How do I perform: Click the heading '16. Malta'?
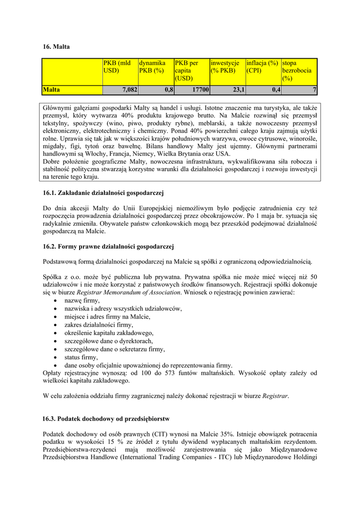[x=56, y=47]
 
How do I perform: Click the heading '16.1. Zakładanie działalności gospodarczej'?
[x=103, y=192]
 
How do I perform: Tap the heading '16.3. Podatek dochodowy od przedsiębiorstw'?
[x=106, y=419]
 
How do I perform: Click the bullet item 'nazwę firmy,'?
[x=82, y=301]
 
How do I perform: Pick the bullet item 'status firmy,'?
[x=82, y=357]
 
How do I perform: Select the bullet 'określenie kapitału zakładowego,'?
[x=109, y=333]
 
